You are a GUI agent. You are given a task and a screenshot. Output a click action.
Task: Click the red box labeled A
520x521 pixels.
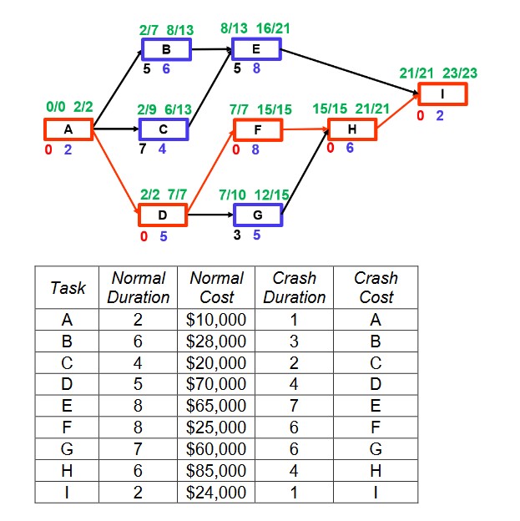pyautogui.click(x=68, y=129)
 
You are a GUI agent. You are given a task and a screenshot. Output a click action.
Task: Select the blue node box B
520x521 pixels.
pyautogui.click(x=165, y=49)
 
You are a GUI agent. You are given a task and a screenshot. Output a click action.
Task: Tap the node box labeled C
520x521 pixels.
pyautogui.click(x=164, y=129)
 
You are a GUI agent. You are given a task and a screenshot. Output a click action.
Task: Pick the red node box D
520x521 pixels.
pyautogui.click(x=163, y=215)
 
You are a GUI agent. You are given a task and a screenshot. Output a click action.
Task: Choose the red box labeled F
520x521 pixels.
pyautogui.click(x=258, y=129)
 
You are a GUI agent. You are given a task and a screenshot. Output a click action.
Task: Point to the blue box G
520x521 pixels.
pyautogui.click(x=257, y=215)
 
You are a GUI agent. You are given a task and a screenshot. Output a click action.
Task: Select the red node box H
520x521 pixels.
pyautogui.click(x=352, y=129)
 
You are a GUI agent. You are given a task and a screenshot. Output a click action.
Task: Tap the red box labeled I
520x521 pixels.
pyautogui.click(x=442, y=94)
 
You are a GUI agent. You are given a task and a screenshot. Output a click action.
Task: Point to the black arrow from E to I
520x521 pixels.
pyautogui.click(x=351, y=71)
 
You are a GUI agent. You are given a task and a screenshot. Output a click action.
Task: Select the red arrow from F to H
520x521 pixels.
pyautogui.click(x=305, y=129)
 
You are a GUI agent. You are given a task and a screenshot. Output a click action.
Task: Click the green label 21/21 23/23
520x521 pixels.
pyautogui.click(x=438, y=73)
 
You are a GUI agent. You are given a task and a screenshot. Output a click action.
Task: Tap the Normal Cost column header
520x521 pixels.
pyautogui.click(x=217, y=287)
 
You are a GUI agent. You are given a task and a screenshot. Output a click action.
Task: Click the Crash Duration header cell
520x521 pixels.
pyautogui.click(x=295, y=287)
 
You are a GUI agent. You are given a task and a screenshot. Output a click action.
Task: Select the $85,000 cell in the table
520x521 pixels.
pyautogui.click(x=217, y=471)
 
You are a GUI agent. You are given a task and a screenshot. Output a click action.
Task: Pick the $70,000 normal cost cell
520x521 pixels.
pyautogui.click(x=217, y=384)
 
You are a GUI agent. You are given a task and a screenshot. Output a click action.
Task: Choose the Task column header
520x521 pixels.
pyautogui.click(x=68, y=287)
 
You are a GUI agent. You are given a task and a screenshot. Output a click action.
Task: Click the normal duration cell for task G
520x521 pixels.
pyautogui.click(x=139, y=449)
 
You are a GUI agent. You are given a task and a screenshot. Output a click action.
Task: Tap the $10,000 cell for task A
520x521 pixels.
pyautogui.click(x=217, y=319)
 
